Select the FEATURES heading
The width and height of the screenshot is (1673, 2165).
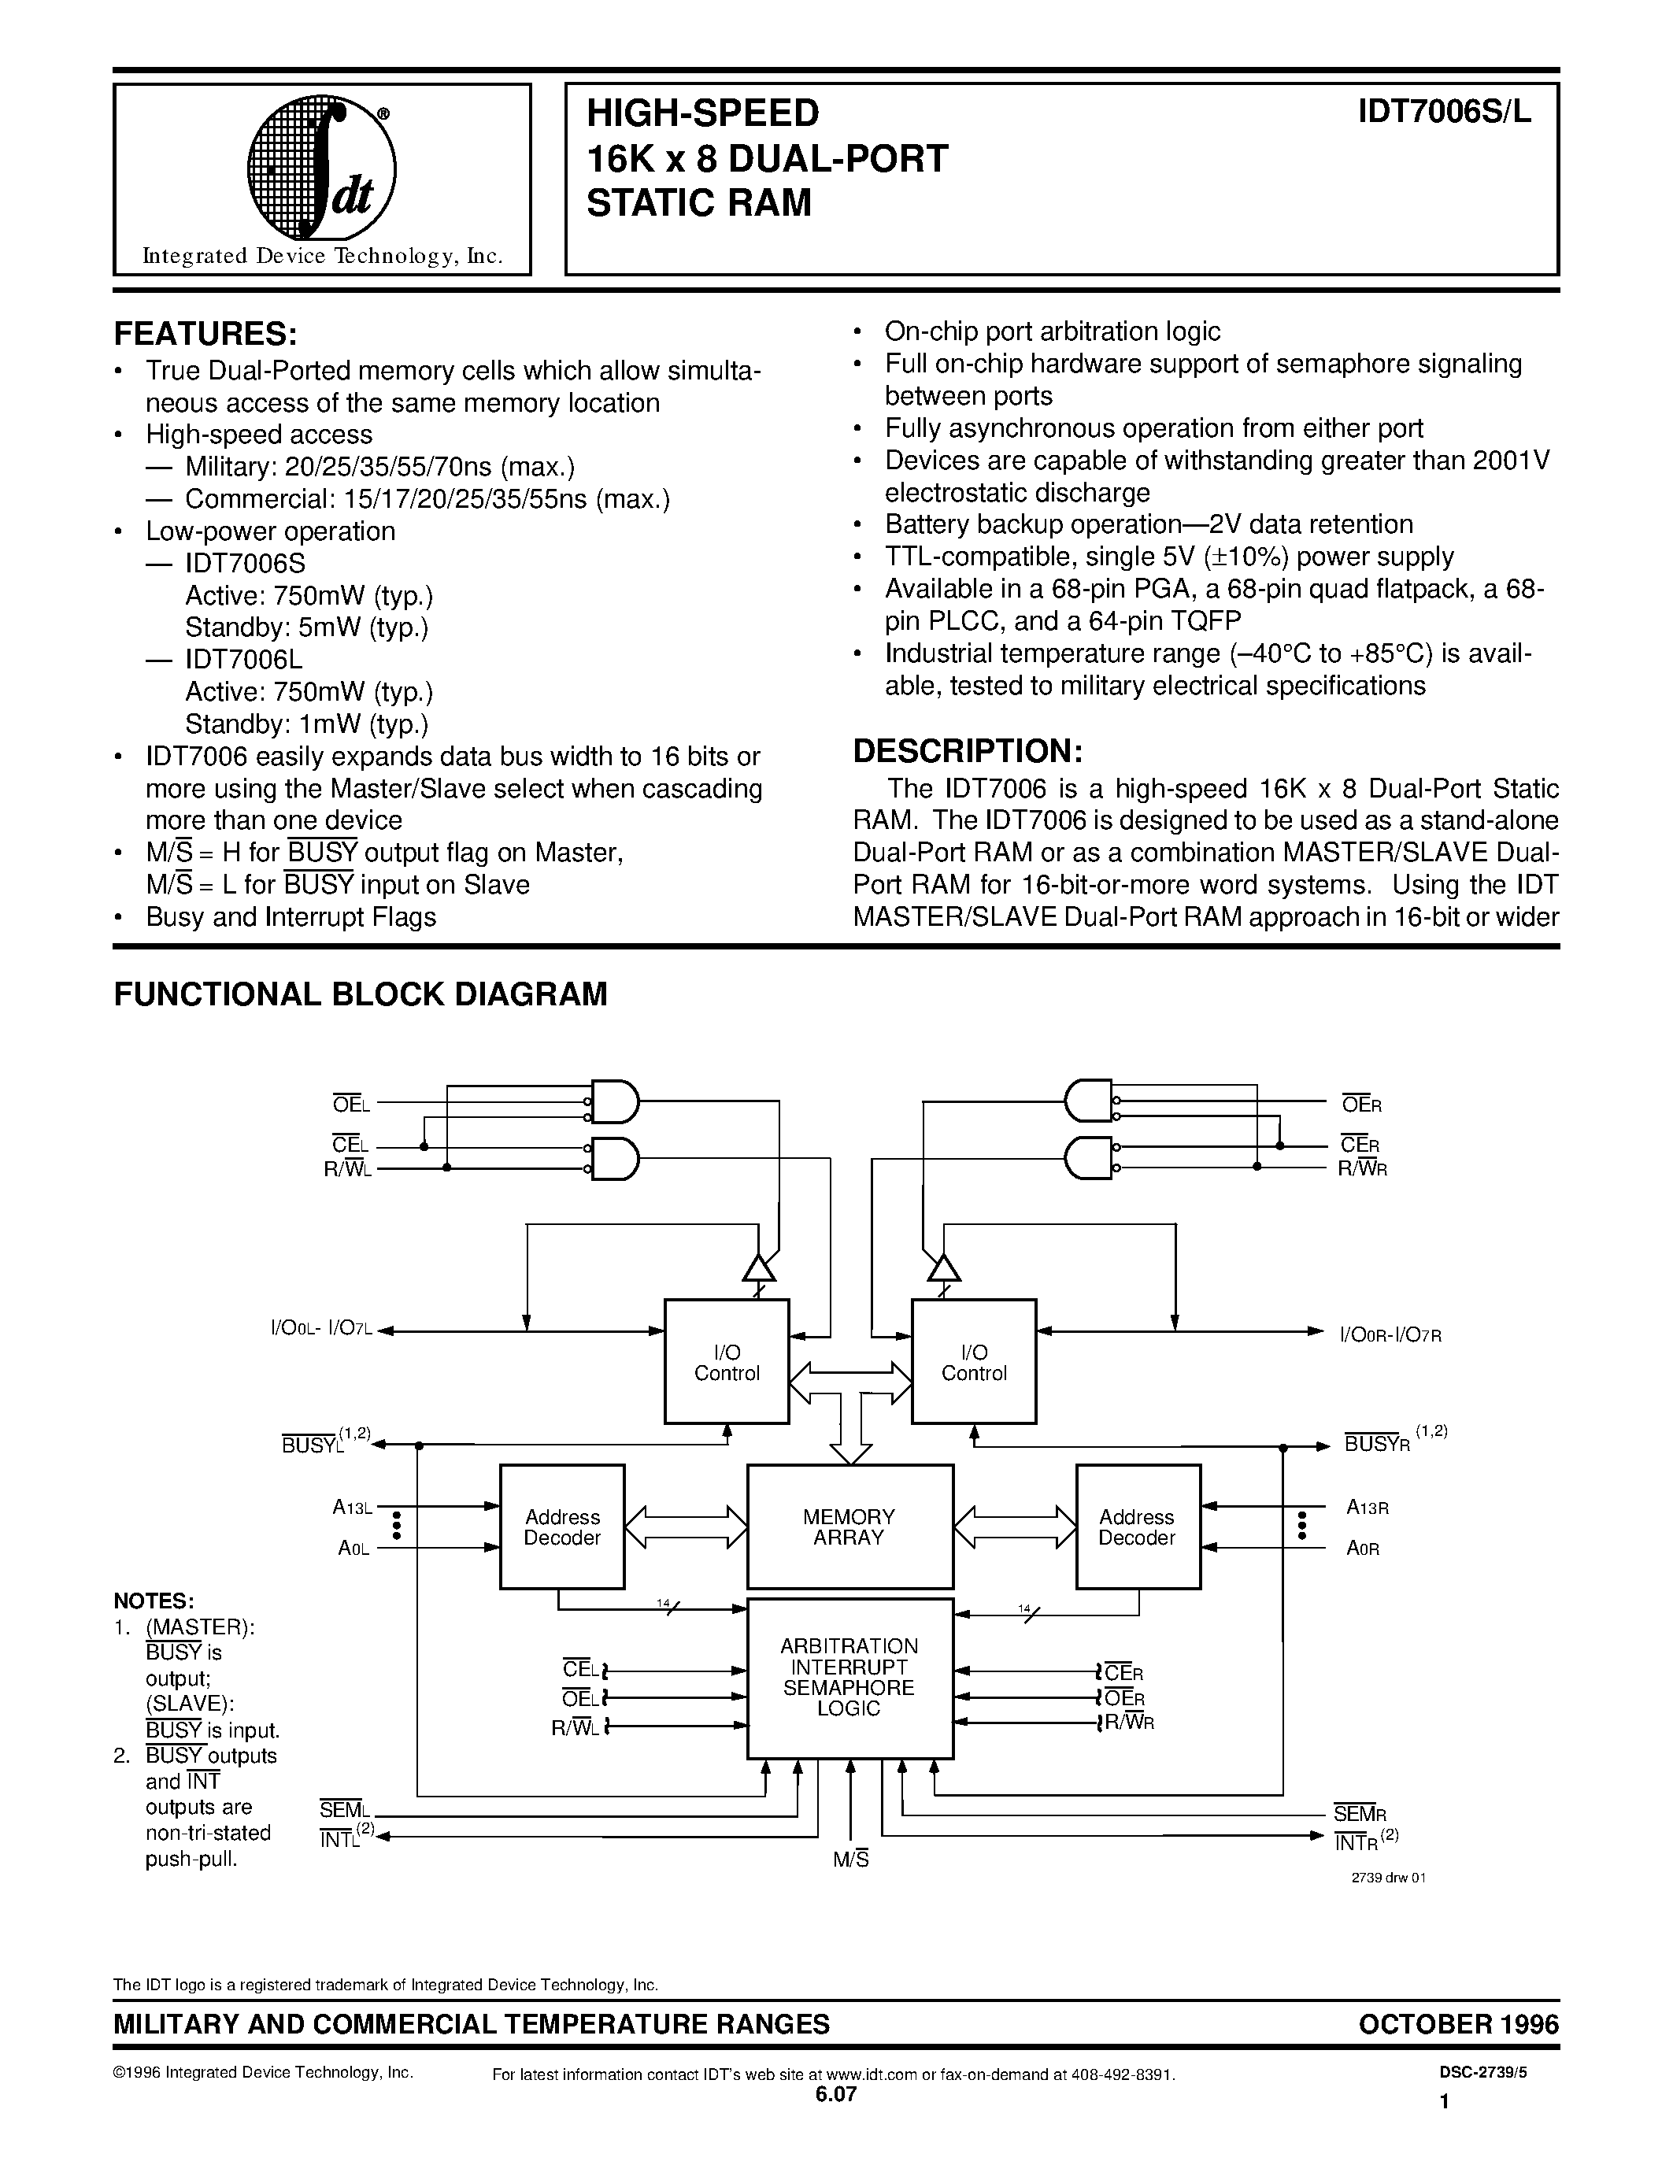point(206,332)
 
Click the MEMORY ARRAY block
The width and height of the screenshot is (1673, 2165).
point(849,1527)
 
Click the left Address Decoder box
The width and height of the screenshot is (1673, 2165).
point(562,1527)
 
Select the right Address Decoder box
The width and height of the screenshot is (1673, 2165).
point(1137,1527)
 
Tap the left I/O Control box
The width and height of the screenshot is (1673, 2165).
point(727,1361)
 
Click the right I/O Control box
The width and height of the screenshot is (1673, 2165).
point(973,1361)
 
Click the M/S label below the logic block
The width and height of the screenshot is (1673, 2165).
point(851,1860)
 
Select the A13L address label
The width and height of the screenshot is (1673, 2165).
point(352,1508)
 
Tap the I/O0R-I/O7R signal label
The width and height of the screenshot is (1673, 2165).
point(1390,1334)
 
